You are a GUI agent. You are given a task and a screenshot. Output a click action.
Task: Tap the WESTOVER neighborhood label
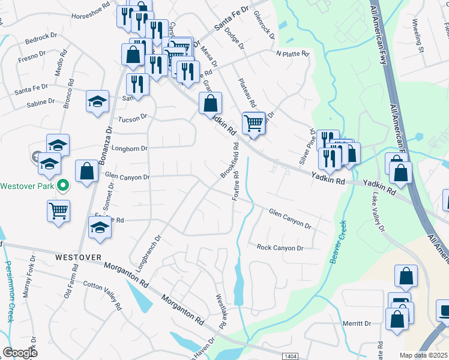pyautogui.click(x=78, y=257)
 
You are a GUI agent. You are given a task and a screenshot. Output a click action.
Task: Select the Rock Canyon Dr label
pyautogui.click(x=280, y=247)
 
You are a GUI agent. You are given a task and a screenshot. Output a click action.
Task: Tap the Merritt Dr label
pyautogui.click(x=357, y=323)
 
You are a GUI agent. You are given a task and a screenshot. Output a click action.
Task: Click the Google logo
pyautogui.click(x=20, y=353)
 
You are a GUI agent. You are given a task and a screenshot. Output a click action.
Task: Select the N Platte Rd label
pyautogui.click(x=292, y=54)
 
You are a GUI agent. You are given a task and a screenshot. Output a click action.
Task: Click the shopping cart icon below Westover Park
pyautogui.click(x=59, y=210)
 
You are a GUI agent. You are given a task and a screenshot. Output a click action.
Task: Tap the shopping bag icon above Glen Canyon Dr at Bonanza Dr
pyautogui.click(x=87, y=171)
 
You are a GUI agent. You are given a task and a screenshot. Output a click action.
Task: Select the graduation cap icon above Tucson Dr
pyautogui.click(x=97, y=102)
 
